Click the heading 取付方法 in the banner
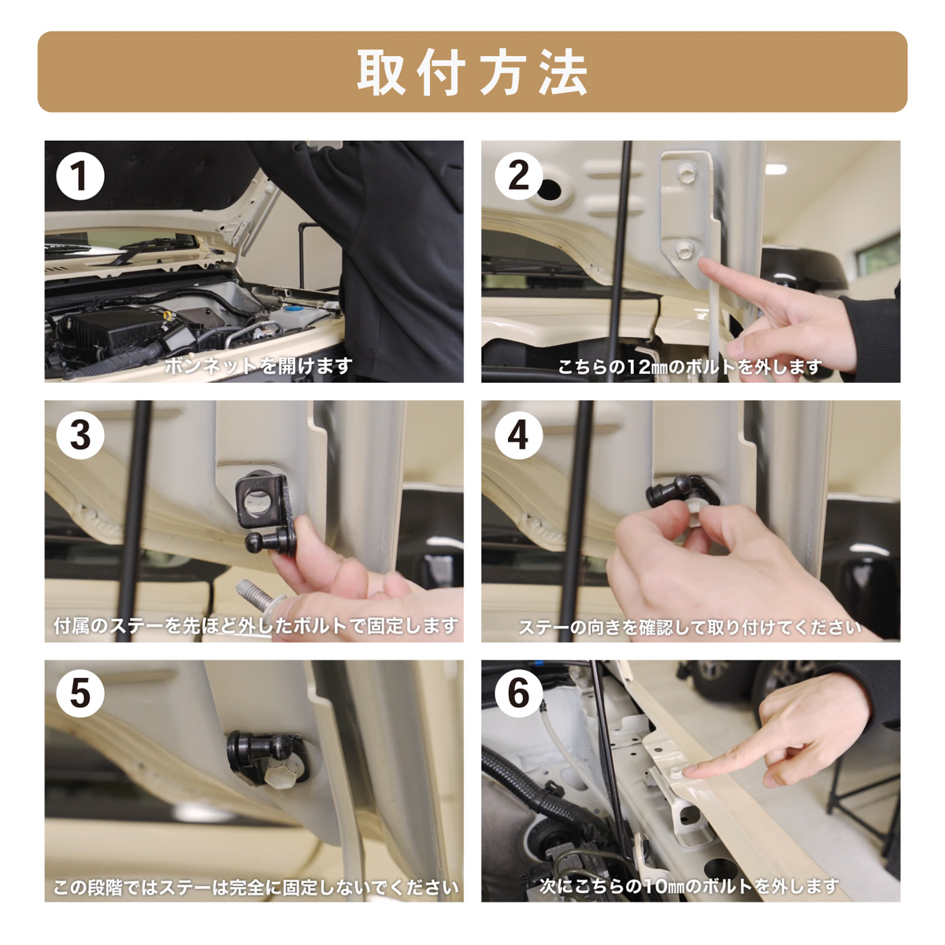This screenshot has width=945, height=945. coord(472,72)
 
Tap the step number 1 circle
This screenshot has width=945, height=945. coord(80,176)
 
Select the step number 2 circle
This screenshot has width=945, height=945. coord(518,176)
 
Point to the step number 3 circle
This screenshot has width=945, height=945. coord(80,435)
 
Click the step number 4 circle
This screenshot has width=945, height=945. coord(518,435)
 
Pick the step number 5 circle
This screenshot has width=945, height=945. coord(80,694)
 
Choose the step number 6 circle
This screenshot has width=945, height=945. coord(518,694)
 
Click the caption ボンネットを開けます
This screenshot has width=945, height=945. coord(258,366)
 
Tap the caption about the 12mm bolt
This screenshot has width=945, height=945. coord(690,367)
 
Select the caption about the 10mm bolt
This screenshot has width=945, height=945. coord(690,886)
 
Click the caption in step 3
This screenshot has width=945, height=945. coord(255,626)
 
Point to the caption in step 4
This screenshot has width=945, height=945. coord(690,628)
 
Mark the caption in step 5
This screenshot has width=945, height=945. coord(255,888)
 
